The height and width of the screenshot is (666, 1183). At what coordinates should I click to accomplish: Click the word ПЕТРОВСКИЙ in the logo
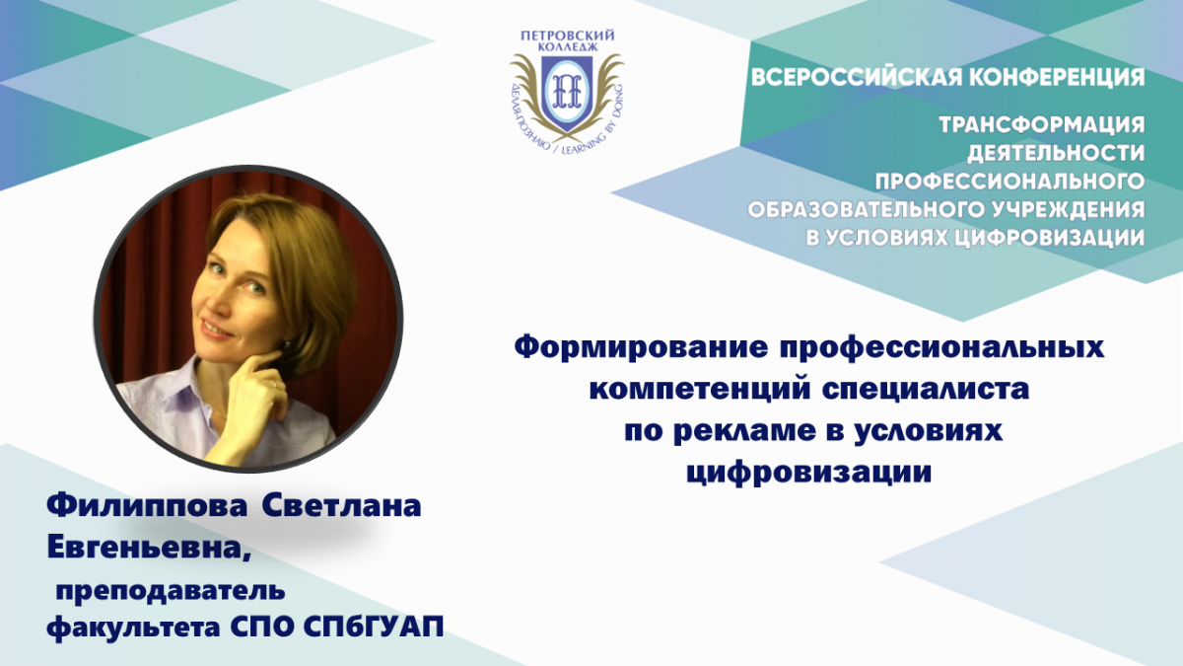pos(568,36)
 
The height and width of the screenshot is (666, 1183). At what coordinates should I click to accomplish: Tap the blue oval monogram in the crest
pos(567,93)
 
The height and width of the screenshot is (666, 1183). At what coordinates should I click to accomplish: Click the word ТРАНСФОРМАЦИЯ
pos(1042,124)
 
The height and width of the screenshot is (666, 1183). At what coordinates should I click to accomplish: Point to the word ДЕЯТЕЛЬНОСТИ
pos(1056,153)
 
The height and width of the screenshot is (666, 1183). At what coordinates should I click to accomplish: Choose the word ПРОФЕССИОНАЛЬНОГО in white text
pos(1009,182)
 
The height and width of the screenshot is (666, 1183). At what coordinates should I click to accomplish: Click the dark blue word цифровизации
pos(809,473)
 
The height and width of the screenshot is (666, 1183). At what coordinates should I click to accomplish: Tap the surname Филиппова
pos(147,506)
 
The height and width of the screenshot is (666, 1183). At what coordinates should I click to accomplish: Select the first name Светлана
pos(342,505)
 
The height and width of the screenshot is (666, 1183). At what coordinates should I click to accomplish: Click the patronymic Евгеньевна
pos(148,550)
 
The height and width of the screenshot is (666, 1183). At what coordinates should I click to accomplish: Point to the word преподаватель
pos(171,591)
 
